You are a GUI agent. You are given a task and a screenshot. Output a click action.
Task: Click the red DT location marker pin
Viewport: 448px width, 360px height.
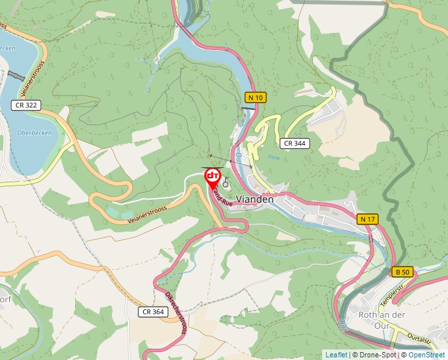(x=213, y=177)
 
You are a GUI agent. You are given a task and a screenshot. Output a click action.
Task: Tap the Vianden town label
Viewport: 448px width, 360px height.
(x=254, y=199)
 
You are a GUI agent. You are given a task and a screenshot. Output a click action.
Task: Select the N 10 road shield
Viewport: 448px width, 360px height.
(x=256, y=97)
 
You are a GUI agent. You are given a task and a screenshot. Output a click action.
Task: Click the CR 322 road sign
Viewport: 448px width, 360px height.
(x=25, y=105)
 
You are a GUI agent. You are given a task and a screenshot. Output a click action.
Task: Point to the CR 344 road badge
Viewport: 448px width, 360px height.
(x=294, y=143)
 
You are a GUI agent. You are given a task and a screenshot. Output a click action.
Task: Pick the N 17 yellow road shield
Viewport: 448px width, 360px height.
(x=368, y=219)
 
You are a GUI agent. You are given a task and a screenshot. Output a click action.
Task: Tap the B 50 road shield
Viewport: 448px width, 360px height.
(x=403, y=272)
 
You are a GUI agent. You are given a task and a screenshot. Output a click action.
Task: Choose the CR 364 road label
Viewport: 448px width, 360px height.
(x=152, y=311)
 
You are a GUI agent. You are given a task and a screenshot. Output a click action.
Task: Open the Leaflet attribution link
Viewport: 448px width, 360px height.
(x=336, y=355)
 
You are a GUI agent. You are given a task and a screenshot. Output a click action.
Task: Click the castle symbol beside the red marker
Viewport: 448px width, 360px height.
(x=226, y=184)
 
